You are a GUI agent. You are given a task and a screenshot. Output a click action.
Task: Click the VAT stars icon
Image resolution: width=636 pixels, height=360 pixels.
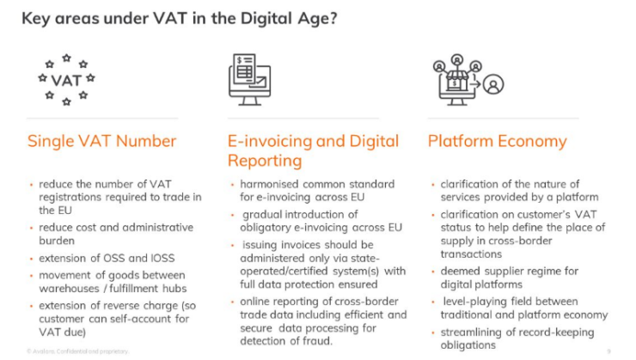click(66, 81)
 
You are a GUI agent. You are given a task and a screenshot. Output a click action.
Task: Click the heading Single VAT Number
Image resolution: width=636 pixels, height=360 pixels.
click(101, 141)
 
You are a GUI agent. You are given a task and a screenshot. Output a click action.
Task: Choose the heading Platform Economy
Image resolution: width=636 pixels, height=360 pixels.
click(497, 141)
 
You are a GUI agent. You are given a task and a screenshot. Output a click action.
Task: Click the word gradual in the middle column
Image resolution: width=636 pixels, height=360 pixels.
click(263, 214)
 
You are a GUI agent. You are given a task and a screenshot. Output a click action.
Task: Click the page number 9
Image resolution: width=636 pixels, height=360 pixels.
click(608, 351)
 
